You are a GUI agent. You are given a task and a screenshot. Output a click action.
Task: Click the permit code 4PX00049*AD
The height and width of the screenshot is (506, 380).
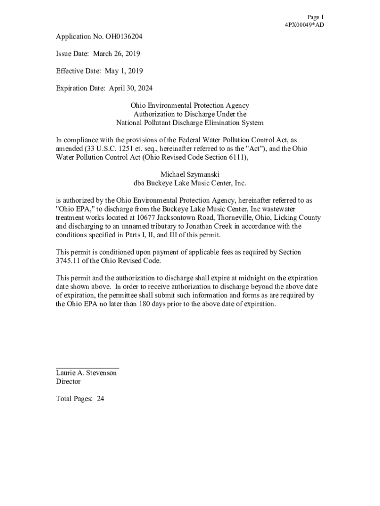pos(304,25)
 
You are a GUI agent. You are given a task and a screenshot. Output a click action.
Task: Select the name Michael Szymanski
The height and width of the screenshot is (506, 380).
pos(190,174)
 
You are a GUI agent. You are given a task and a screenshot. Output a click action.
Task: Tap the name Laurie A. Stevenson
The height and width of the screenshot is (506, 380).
pos(86,373)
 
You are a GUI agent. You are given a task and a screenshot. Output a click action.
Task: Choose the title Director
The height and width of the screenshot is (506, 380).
pos(68,381)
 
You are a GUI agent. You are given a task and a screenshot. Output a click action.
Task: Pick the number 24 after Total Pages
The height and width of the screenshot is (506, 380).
pos(100,399)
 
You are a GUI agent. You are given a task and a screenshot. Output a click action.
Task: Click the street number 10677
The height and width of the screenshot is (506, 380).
pos(135,218)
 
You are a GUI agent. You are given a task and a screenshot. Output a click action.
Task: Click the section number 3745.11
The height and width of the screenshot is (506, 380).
pos(69,261)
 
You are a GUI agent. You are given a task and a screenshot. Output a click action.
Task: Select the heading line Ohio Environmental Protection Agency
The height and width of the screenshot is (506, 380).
pos(190,106)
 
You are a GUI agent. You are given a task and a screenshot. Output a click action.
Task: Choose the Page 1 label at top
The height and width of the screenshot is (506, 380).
pos(315,17)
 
